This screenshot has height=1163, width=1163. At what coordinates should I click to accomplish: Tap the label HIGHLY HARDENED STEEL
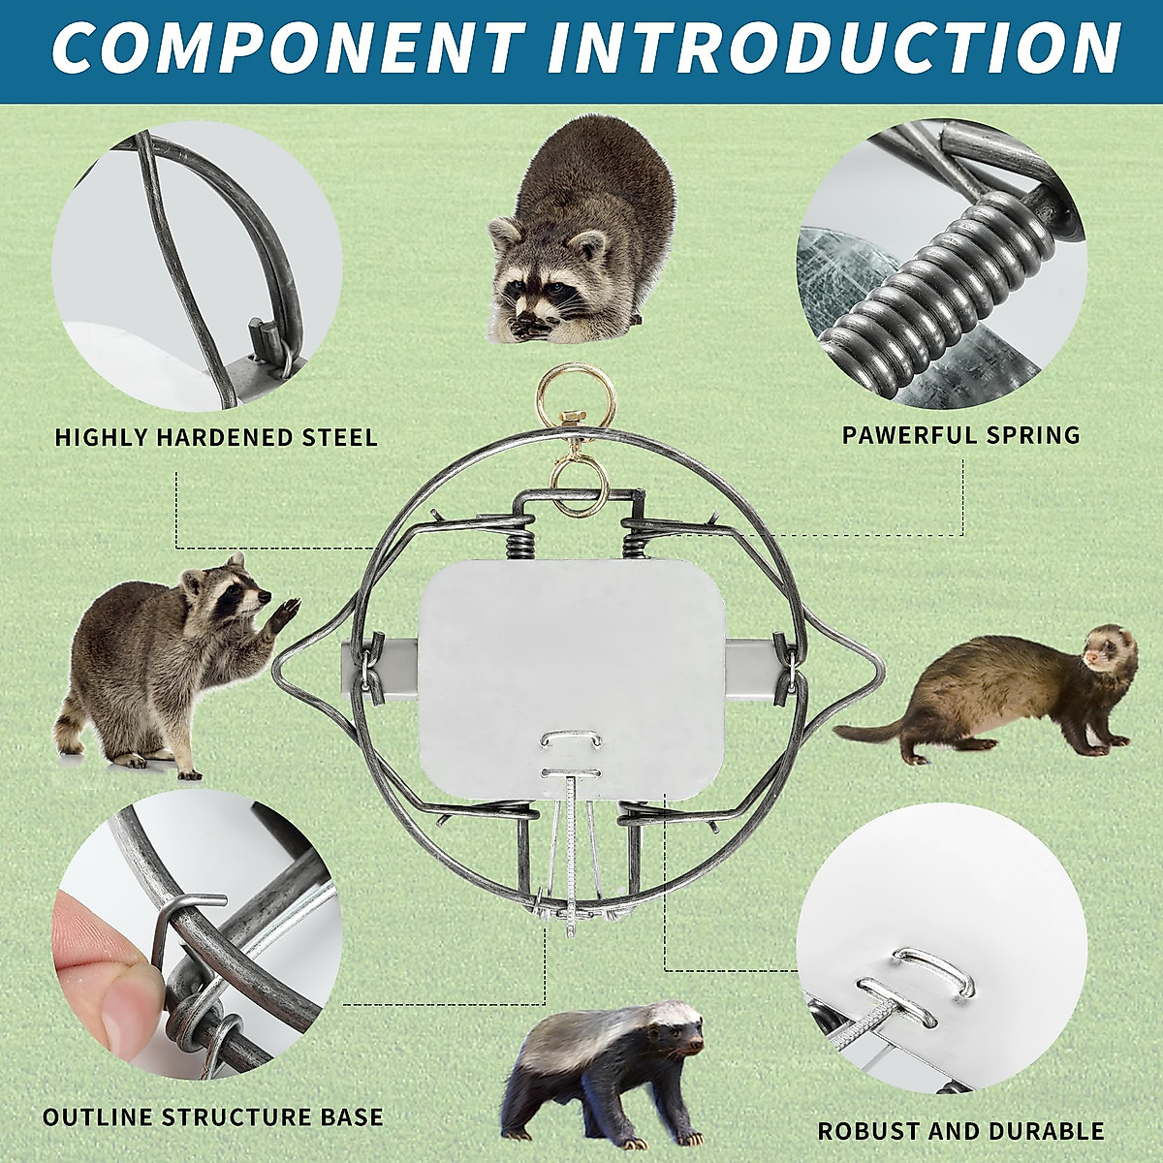[x=216, y=437]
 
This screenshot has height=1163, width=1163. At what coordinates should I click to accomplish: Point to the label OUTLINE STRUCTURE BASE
[x=213, y=1116]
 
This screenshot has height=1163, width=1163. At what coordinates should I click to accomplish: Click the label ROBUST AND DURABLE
[x=960, y=1130]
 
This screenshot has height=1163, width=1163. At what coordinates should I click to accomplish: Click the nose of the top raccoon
[x=528, y=319]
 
